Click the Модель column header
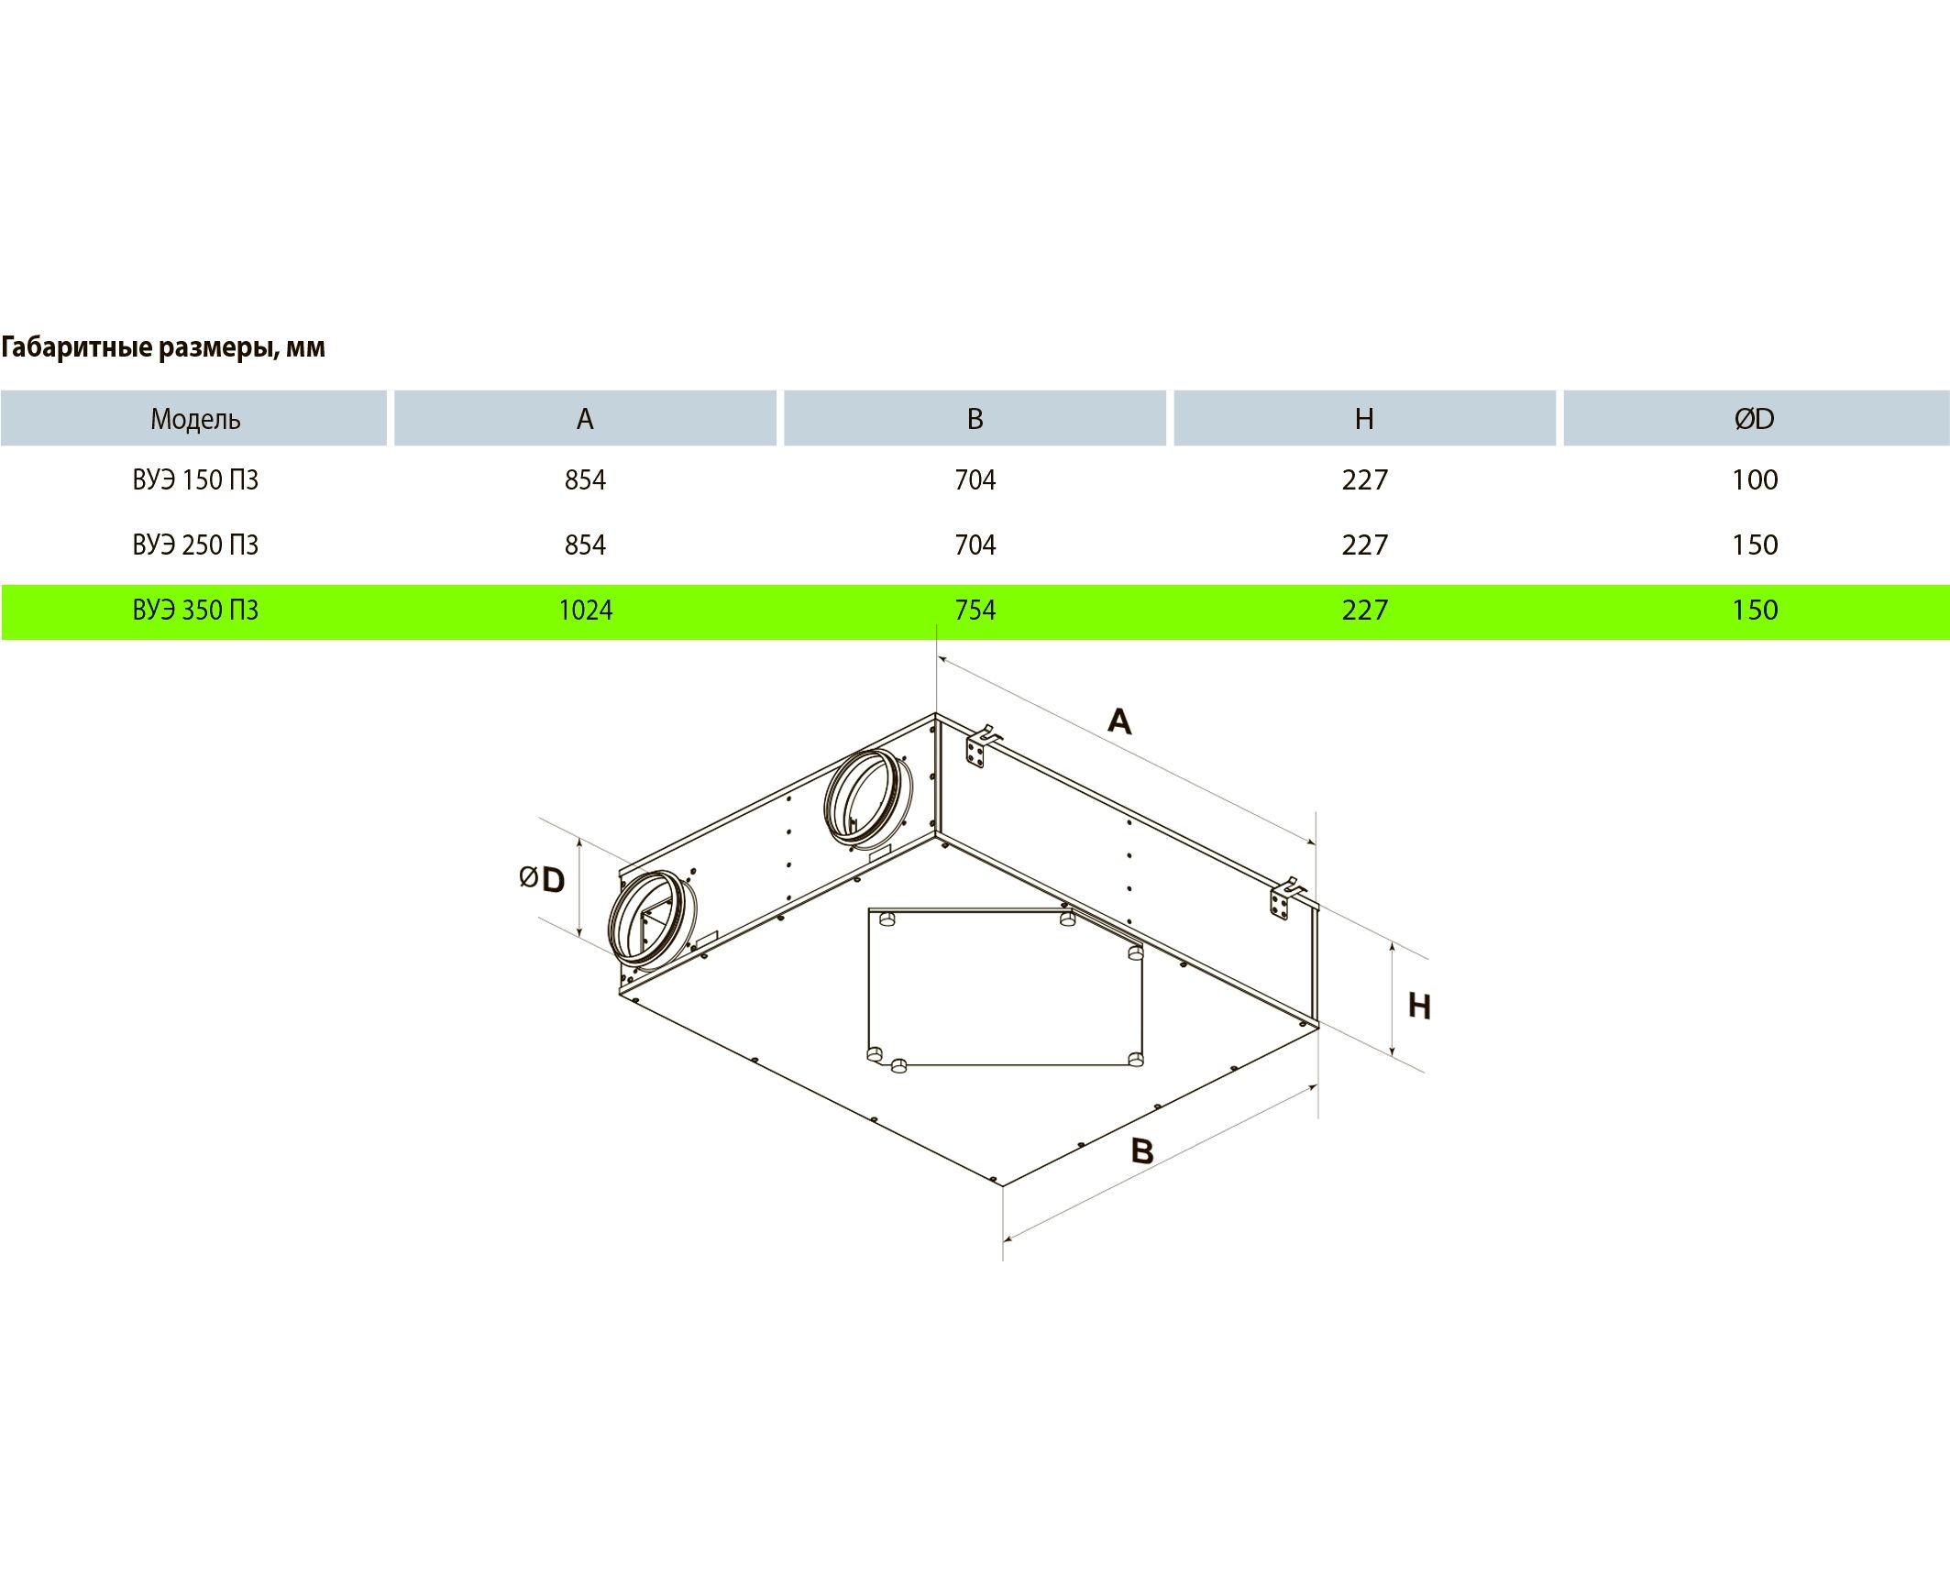(x=195, y=419)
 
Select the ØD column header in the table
(x=1754, y=419)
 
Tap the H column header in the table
(x=1364, y=419)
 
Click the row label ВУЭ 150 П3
(x=195, y=480)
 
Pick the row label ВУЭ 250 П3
(x=195, y=545)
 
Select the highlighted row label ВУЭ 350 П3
(x=195, y=611)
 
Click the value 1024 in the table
(x=586, y=611)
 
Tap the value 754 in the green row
(x=975, y=611)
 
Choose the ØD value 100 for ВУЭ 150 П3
(x=1755, y=480)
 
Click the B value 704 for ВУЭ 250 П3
(x=975, y=545)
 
